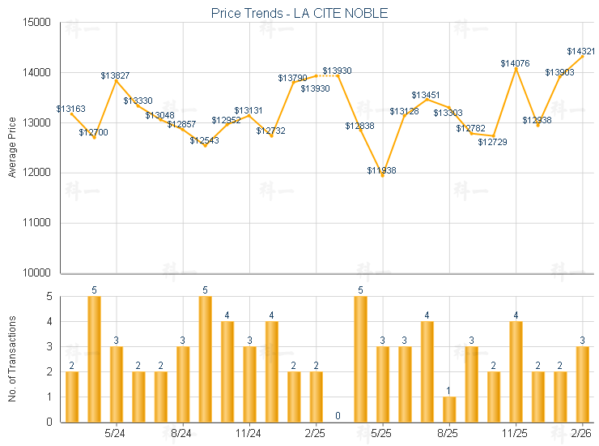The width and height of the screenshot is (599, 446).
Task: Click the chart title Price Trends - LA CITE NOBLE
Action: coord(299,12)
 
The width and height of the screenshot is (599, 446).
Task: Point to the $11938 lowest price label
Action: coord(381,170)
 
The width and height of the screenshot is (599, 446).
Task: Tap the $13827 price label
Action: coord(114,75)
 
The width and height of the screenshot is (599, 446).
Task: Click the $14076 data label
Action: coord(515,63)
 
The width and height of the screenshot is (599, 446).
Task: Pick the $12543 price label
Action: coord(204,140)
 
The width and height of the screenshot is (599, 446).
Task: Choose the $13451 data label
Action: coord(425,96)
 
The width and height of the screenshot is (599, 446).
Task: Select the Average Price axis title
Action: coord(12,148)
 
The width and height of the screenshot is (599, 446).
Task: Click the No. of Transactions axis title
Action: coord(12,359)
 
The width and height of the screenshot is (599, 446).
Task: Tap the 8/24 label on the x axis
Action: coord(182,434)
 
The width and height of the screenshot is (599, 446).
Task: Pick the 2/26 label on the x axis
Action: coord(582,434)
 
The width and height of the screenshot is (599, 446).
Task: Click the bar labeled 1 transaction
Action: coord(449,409)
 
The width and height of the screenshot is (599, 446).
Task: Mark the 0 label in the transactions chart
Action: coord(338,416)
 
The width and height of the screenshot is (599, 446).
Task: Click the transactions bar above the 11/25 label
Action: coord(516,371)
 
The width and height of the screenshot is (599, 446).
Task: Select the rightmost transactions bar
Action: coord(582,384)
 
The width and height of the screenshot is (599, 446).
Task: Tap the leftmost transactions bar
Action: coord(72,397)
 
